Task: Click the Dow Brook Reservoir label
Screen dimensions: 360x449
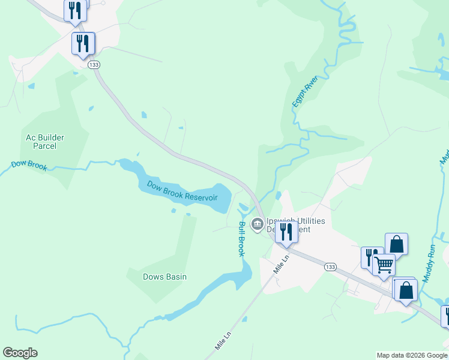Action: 182,191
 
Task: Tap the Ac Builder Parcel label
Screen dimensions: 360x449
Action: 45,142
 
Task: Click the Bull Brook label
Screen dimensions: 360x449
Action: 241,239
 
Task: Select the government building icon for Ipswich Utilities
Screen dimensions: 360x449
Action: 258,225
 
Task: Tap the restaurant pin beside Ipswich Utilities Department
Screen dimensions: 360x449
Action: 286,232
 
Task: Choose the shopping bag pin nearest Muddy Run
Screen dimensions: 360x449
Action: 406,290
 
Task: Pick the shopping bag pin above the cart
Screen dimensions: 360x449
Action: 396,244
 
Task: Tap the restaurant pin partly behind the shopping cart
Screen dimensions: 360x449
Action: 371,257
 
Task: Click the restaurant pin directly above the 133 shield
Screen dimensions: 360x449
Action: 83,43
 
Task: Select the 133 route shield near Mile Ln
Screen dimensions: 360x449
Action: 329,266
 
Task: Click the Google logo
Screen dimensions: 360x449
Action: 20,353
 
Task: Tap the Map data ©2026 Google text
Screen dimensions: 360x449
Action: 412,355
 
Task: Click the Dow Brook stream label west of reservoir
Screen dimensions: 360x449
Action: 29,166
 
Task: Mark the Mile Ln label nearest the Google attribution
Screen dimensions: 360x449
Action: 223,338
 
